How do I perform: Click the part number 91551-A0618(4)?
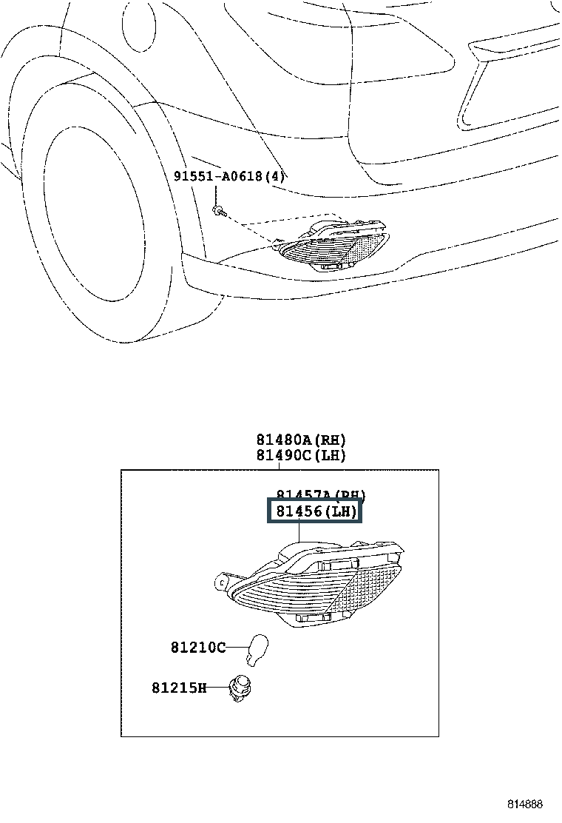pos(229,176)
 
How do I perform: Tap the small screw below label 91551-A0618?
pos(215,211)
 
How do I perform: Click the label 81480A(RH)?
pos(301,440)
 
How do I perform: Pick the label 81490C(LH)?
pos(301,455)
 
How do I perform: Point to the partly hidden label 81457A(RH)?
pos(321,494)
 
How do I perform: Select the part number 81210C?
pos(198,647)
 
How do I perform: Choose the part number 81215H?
pos(180,688)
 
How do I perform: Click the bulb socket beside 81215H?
pos(240,689)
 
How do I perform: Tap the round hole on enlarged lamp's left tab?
pos(221,583)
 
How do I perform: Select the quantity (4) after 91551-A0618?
pos(276,176)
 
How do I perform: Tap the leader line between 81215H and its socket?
pos(218,688)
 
